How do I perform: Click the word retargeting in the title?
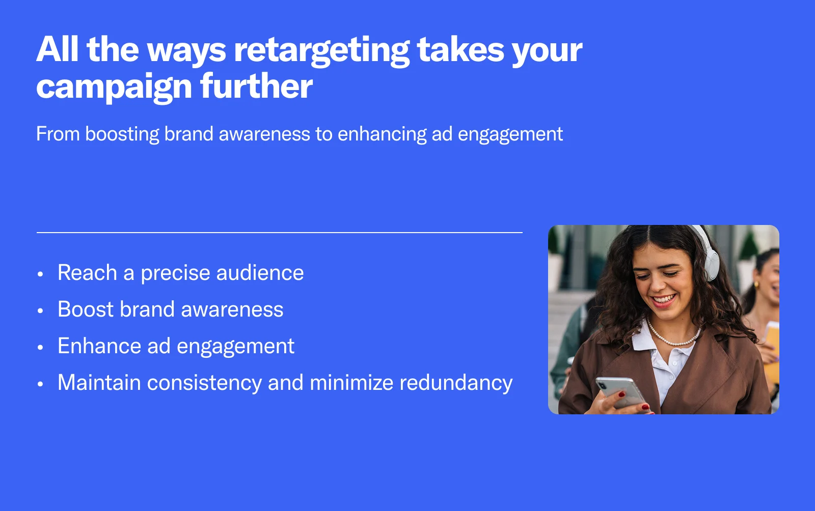point(321,51)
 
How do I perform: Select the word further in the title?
point(257,86)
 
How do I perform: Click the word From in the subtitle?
point(58,134)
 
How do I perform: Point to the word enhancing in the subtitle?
point(382,134)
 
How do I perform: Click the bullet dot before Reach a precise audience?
point(40,274)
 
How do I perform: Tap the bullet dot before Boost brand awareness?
point(40,311)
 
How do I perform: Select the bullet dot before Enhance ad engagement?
point(40,348)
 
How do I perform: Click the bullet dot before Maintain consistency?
point(40,384)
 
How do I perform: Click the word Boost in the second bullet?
point(86,309)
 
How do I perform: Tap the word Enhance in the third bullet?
point(99,346)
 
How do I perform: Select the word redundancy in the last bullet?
point(456,383)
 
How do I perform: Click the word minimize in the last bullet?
point(351,382)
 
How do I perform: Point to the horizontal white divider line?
point(280,232)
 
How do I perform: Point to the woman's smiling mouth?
point(663,300)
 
